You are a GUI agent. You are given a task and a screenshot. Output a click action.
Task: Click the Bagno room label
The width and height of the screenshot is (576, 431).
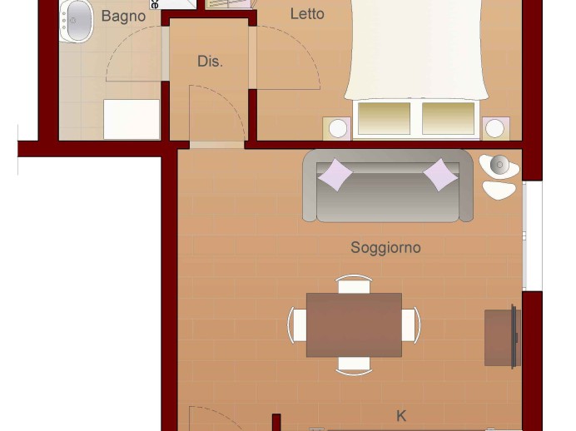123,17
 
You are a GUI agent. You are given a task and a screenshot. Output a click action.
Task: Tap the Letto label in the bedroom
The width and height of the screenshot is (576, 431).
307,14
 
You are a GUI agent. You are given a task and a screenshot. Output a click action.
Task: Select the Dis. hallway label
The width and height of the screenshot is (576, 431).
210,62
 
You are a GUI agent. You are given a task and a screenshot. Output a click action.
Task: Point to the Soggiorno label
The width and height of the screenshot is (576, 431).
385,247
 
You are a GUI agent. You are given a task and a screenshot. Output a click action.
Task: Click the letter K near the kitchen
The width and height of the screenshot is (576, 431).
401,416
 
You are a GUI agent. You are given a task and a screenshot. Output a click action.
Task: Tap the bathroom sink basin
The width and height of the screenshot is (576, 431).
77,20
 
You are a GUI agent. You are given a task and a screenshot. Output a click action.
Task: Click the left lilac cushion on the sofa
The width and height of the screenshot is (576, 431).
335,175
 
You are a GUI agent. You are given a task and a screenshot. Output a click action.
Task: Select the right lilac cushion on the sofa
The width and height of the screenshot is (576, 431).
440,175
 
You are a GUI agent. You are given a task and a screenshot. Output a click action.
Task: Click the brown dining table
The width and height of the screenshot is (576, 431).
354,324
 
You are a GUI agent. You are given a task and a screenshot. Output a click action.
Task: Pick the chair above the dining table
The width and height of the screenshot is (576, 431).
354,285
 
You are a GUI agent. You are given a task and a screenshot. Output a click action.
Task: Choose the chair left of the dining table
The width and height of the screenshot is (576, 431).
297,325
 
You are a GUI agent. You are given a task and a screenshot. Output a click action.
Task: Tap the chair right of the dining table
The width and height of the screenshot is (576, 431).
411,325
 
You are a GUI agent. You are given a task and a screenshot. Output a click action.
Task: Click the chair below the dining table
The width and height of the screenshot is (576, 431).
354,366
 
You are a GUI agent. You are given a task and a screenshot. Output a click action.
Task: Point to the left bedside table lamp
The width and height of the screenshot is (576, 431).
338,128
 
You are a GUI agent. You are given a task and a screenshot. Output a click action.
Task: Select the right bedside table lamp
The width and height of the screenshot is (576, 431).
494,128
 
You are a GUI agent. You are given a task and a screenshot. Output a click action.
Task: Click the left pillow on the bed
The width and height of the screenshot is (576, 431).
384,118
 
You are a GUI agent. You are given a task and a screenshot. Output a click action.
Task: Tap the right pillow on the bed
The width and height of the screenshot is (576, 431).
448,118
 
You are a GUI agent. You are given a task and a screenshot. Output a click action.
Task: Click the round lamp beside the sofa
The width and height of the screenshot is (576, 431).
499,166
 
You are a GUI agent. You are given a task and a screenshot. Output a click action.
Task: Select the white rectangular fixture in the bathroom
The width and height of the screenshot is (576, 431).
132,119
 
